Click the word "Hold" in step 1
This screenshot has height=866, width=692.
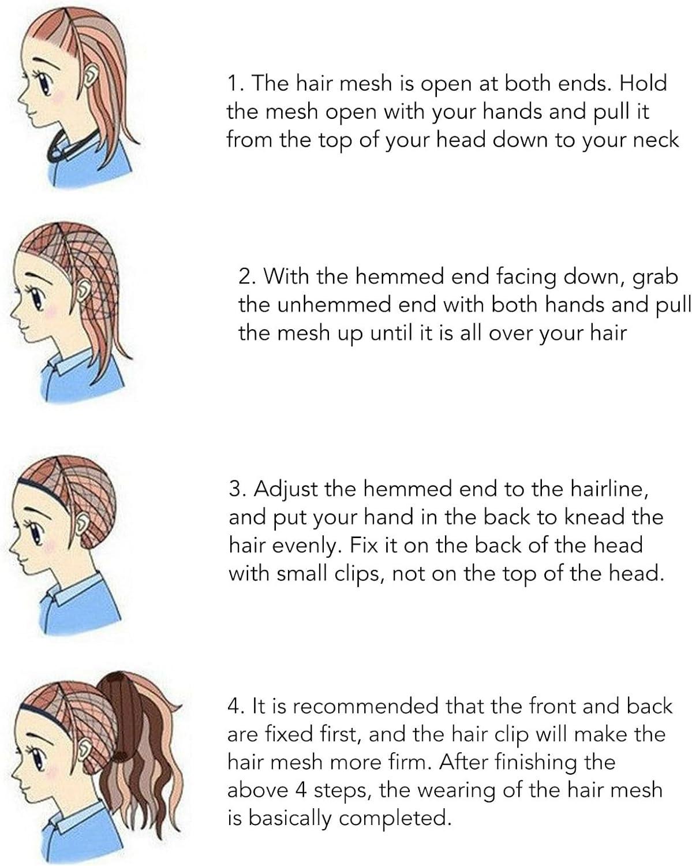tap(643, 83)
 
